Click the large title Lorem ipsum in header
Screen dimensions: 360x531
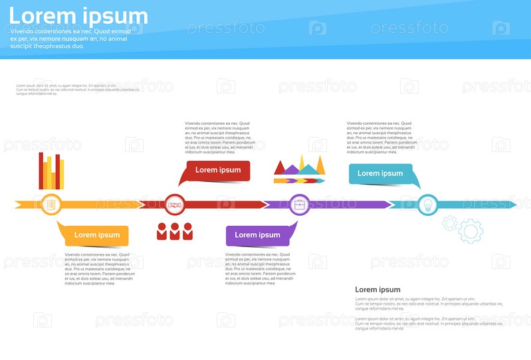point(78,16)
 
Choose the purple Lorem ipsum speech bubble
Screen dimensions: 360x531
point(257,234)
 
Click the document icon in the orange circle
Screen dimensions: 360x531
point(51,204)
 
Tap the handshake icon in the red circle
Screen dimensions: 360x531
point(175,204)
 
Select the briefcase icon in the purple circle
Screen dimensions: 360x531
point(300,204)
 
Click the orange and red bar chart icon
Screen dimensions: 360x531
point(51,171)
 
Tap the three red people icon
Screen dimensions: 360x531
point(175,231)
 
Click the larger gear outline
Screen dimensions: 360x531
point(471,230)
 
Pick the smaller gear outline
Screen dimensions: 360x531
point(450,223)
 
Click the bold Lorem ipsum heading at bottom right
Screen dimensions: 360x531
point(377,290)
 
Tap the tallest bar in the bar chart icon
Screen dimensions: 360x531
point(42,171)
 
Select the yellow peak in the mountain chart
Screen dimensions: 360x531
point(303,163)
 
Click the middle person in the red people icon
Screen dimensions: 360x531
point(175,231)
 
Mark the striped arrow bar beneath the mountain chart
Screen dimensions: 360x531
point(300,181)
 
